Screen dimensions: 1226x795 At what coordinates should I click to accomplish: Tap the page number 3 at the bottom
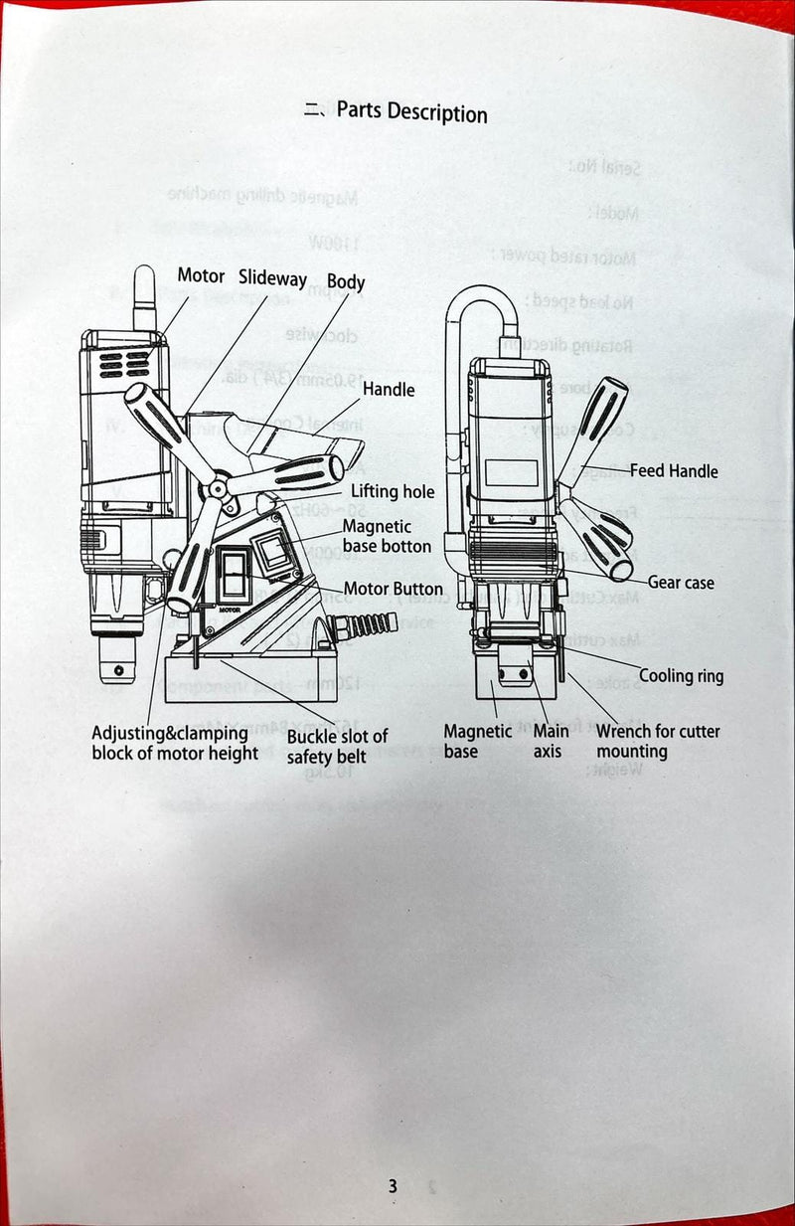pos(393,1185)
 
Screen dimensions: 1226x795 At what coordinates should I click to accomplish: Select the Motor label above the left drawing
pos(201,275)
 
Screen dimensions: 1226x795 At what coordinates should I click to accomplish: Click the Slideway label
pos(272,279)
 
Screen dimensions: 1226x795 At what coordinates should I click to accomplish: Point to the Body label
pos(346,282)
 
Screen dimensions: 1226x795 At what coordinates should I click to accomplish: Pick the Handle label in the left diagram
pos(388,389)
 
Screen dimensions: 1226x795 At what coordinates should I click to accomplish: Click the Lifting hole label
pos(393,491)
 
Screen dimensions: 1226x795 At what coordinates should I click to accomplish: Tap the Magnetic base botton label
pos(387,536)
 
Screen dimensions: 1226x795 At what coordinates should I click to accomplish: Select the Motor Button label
pos(394,589)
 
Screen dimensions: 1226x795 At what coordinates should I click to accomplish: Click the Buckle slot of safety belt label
pos(337,746)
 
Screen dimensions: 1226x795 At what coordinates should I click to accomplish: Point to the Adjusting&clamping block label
pos(175,743)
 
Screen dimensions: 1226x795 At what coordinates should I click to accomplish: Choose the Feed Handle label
pos(673,470)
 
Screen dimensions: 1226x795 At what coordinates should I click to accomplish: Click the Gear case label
pos(681,583)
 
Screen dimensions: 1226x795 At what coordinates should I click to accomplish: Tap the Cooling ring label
pos(681,676)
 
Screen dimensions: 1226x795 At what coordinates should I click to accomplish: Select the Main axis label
pos(551,742)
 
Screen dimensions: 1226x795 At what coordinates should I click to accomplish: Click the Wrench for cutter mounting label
pos(657,741)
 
